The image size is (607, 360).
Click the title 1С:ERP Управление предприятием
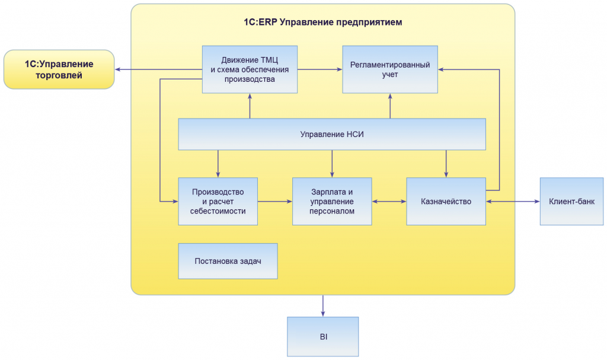[x=322, y=23]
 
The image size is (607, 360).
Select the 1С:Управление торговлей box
[x=59, y=69]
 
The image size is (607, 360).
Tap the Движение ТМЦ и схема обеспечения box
[x=250, y=69]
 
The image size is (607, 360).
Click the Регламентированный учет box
[x=390, y=69]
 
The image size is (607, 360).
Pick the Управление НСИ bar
[x=332, y=134]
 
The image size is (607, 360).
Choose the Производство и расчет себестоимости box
[x=218, y=201]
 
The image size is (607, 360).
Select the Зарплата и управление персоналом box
[x=332, y=201]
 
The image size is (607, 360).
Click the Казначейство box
[x=446, y=201]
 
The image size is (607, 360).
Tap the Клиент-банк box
[x=571, y=201]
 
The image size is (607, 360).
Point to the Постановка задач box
[x=228, y=261]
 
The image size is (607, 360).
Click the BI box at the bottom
[x=323, y=336]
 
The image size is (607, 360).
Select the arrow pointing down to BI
[x=323, y=306]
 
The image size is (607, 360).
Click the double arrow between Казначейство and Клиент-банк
[x=513, y=202]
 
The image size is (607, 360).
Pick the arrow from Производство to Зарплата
[x=275, y=202]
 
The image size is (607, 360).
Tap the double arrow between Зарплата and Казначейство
[x=389, y=202]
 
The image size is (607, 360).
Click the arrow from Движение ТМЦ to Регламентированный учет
[x=320, y=69]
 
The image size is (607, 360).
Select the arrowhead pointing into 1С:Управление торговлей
[x=119, y=69]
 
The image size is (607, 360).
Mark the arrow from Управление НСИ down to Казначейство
[x=446, y=164]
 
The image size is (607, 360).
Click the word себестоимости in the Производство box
[x=218, y=211]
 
